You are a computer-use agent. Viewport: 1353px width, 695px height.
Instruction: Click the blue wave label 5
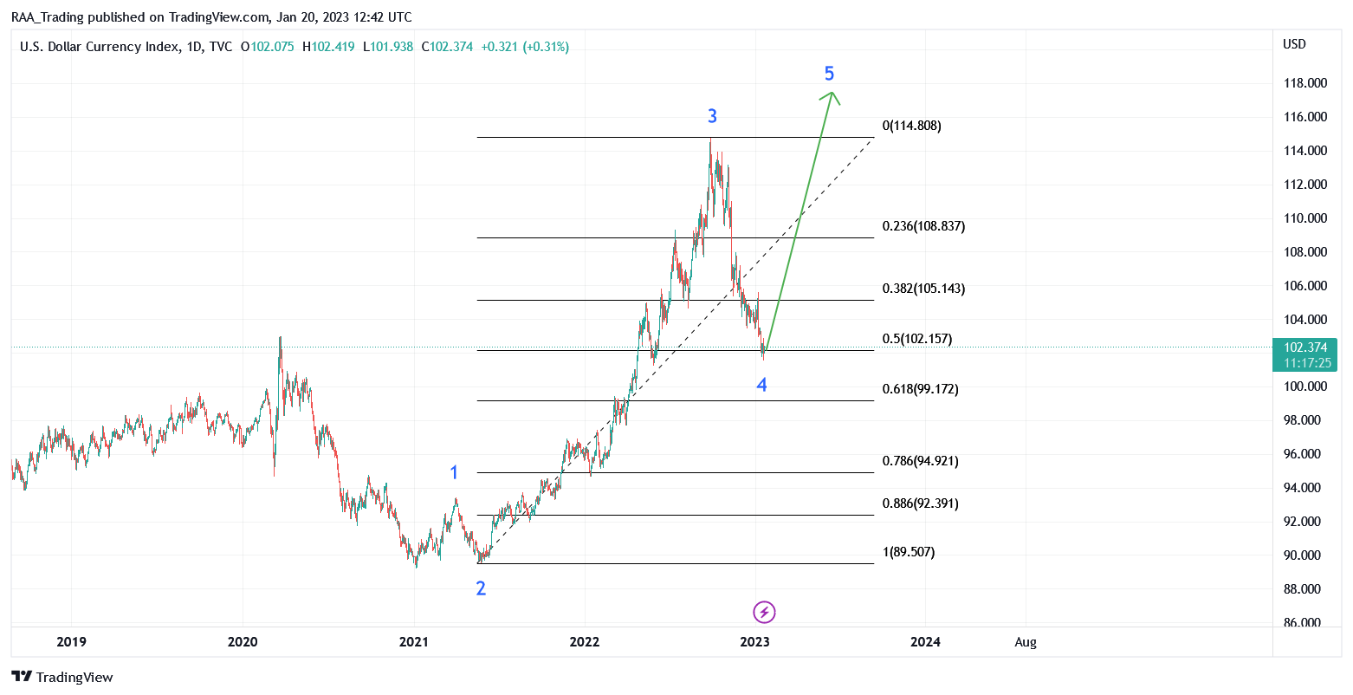click(829, 74)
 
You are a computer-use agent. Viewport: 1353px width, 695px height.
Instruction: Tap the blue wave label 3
click(712, 116)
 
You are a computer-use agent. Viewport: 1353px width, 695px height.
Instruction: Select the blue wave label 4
click(761, 385)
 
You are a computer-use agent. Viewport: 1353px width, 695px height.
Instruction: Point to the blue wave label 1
click(454, 472)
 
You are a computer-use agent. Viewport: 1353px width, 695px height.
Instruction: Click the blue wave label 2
click(481, 588)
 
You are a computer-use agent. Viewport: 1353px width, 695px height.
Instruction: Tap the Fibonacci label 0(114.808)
click(911, 126)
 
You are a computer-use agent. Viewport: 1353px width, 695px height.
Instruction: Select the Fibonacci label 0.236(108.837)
click(923, 226)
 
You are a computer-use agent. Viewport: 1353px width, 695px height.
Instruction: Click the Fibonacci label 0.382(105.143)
click(923, 289)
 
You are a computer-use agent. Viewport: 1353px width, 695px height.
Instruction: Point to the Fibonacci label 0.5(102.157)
click(917, 339)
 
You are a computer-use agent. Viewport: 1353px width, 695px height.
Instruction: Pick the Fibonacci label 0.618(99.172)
click(921, 388)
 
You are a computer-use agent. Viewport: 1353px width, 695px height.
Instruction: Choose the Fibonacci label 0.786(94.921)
click(921, 461)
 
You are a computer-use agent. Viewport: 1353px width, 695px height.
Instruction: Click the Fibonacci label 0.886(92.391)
click(921, 503)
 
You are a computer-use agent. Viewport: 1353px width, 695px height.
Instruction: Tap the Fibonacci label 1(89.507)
click(909, 552)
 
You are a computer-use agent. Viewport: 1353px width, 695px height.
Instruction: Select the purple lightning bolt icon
click(764, 612)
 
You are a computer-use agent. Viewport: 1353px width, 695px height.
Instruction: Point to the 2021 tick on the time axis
click(414, 642)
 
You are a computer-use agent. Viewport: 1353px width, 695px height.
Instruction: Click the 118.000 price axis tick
click(1305, 83)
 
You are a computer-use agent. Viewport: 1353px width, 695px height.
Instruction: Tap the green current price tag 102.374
click(1304, 354)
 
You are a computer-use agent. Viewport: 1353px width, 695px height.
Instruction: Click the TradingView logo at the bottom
click(62, 677)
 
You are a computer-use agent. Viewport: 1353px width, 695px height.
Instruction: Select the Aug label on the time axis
click(1026, 642)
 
